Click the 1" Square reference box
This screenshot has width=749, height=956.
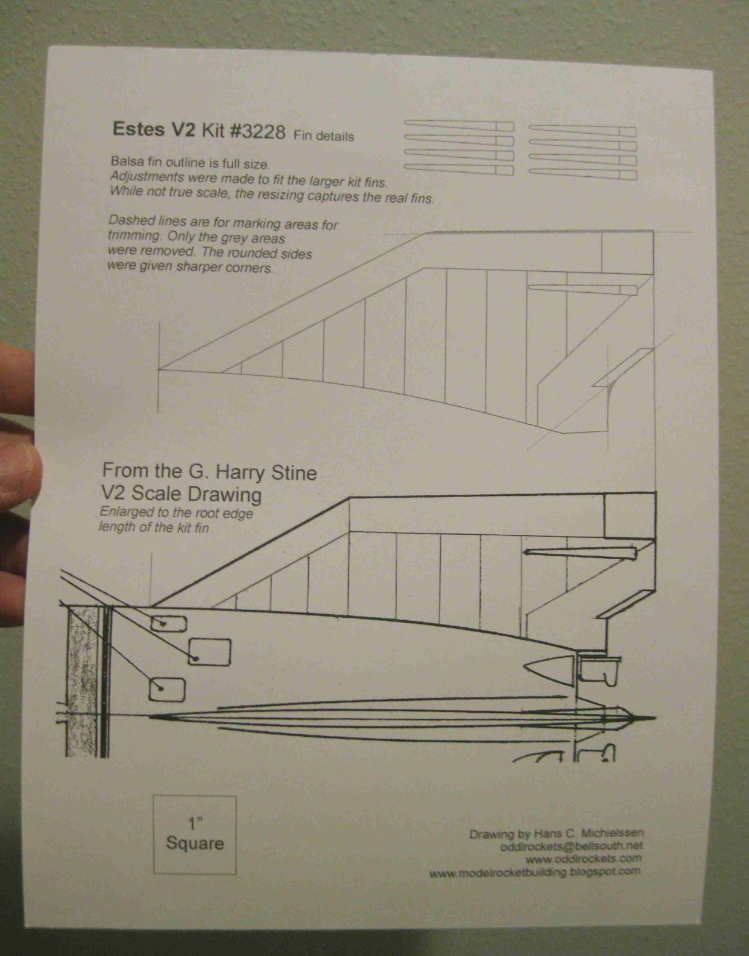coord(195,835)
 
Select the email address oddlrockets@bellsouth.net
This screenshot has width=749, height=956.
coord(572,847)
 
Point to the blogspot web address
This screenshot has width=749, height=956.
coord(535,872)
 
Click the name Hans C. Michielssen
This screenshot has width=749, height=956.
coord(589,834)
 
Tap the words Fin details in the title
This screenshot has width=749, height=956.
coord(323,136)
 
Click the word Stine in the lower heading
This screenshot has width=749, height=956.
coord(293,473)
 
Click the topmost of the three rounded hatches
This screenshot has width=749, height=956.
coord(168,624)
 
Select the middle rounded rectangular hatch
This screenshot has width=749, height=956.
coord(210,651)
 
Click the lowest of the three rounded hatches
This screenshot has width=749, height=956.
coord(167,689)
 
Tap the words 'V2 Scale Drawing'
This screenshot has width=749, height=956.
coord(182,494)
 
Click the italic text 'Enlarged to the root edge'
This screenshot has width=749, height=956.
coord(176,513)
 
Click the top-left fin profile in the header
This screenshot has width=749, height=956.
coord(459,125)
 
